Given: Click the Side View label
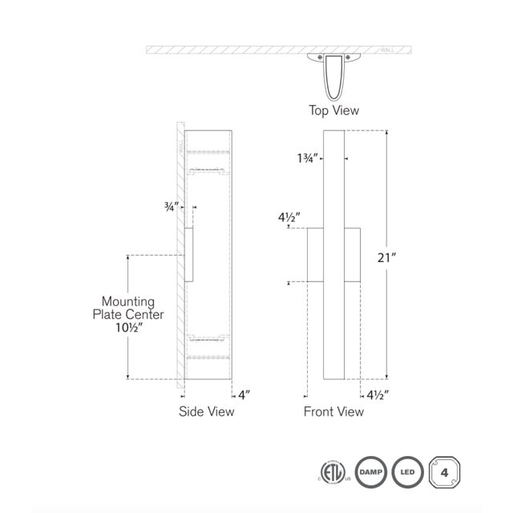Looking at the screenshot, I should point(207,411).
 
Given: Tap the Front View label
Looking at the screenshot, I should point(333,411).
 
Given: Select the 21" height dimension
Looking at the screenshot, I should point(386,257).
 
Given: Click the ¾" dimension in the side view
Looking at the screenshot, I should point(171,206).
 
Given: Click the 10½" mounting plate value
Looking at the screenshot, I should point(128,328).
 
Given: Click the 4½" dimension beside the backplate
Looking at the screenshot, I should point(289,217).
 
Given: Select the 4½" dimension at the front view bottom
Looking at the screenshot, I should point(377,394).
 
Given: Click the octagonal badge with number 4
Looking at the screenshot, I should point(445,473).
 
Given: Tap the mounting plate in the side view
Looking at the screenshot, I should point(188,254).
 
